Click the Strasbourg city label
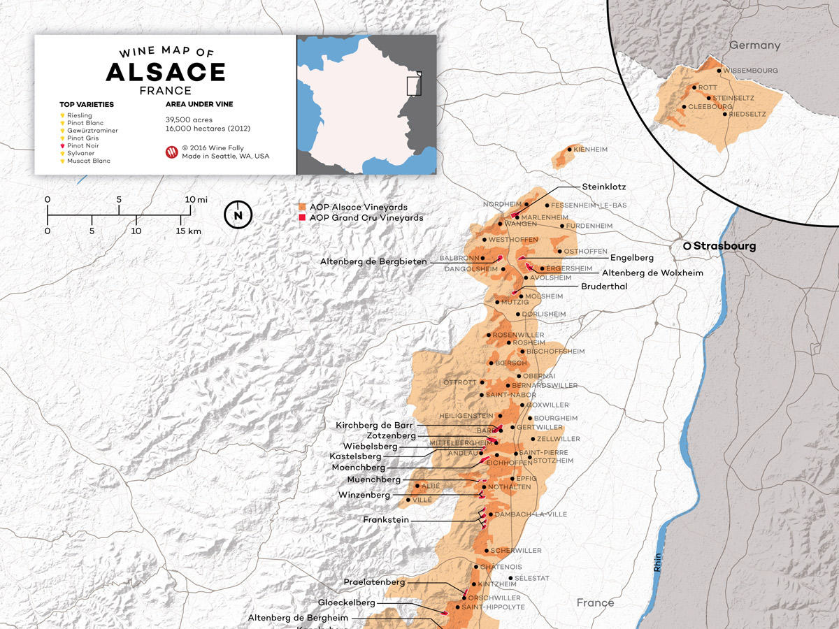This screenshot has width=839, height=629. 724,246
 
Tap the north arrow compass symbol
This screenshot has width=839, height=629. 238,215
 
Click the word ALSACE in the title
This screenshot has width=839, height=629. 166,72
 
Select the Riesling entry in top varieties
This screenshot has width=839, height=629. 79,115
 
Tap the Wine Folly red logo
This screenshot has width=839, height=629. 171,152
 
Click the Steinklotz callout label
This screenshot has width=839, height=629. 604,187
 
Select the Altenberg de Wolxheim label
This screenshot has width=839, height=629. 652,273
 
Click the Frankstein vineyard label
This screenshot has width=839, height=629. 386,519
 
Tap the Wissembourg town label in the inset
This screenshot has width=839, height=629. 750,71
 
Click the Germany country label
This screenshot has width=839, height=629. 754,45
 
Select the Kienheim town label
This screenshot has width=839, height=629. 590,149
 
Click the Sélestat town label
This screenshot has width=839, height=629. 531,578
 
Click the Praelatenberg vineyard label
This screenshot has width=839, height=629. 374,581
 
